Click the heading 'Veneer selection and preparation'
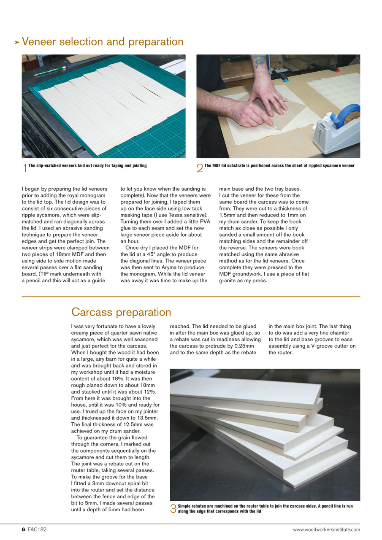pos(103,42)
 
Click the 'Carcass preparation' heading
pos(121,312)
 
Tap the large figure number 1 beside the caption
pos(25,168)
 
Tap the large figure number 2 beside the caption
pos(200,168)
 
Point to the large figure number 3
pos(173,509)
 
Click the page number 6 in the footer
pos(24,529)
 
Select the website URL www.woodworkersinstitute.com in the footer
pos(327,529)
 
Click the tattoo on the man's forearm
pos(260,62)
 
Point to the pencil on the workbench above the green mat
pos(50,70)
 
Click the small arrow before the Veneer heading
pos(17,42)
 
